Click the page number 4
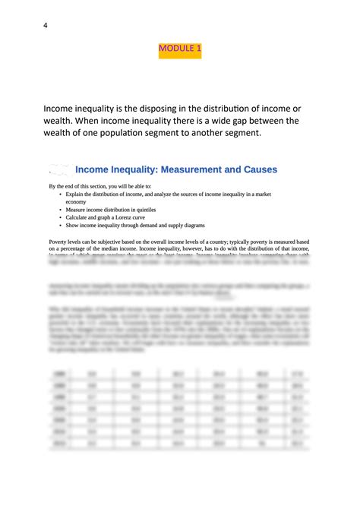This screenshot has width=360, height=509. click(x=46, y=25)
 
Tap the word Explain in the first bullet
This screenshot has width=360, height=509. click(x=76, y=194)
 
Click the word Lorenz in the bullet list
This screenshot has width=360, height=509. click(x=132, y=217)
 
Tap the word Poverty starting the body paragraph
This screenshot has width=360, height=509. click(x=60, y=241)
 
